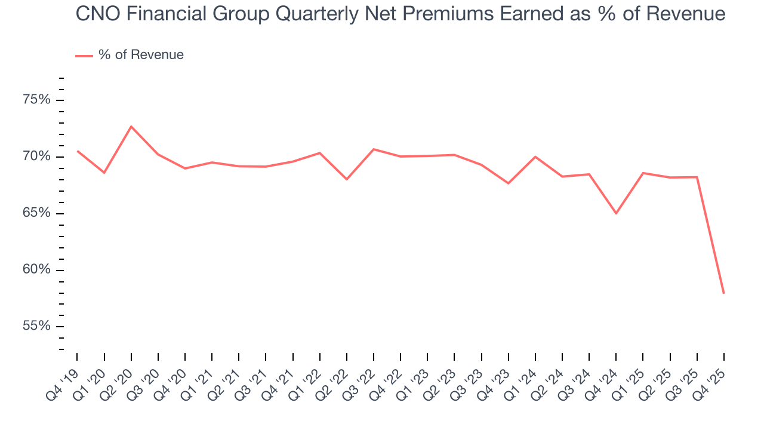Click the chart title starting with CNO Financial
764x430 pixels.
coord(400,14)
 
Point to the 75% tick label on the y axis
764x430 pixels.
coord(36,100)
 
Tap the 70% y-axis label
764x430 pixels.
coord(36,156)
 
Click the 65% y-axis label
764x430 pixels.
coord(36,213)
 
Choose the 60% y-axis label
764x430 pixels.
coord(36,270)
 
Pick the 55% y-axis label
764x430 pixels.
coord(36,327)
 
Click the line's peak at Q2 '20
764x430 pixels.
coord(131,127)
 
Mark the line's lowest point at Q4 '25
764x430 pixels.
coord(724,293)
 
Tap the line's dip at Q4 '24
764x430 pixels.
coord(616,213)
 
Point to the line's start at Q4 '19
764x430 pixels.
coord(78,151)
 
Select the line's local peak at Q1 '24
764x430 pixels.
coord(535,156)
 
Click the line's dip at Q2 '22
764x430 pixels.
coord(347,179)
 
